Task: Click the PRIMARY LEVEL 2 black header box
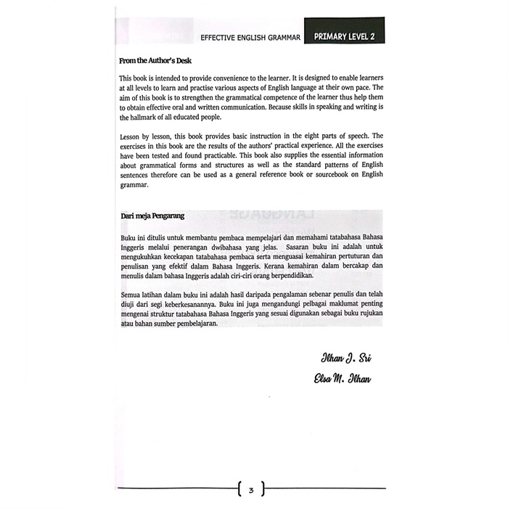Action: [x=344, y=36]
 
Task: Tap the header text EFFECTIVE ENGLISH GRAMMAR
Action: [x=250, y=36]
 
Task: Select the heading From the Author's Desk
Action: [x=155, y=61]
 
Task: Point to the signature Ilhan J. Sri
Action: [x=345, y=359]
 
